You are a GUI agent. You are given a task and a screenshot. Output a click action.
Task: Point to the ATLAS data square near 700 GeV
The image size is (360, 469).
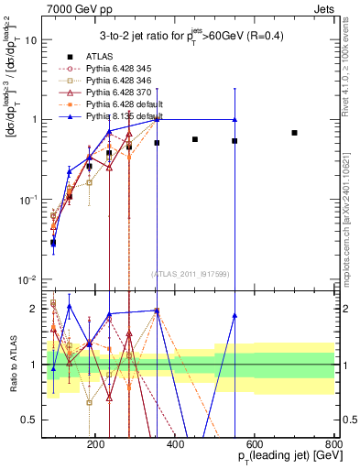click(294, 133)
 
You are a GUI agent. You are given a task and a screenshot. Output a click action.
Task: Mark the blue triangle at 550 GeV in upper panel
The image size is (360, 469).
click(235, 119)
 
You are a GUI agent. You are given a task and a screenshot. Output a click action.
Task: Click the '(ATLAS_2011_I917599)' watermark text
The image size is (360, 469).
click(191, 274)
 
